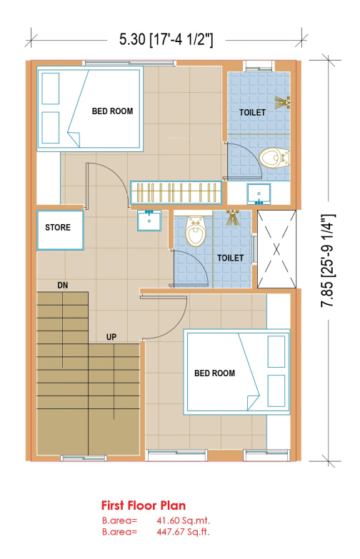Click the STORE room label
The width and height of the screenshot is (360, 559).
point(57,228)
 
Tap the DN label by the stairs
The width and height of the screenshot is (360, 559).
point(62,285)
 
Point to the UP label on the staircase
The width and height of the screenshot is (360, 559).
point(111,337)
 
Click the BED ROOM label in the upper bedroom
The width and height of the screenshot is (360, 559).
point(112,111)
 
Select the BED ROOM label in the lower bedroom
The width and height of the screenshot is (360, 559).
point(214,373)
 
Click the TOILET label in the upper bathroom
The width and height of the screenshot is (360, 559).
point(252,113)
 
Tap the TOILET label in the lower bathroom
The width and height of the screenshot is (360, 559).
point(230,258)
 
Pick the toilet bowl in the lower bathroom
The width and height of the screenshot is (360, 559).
point(196,232)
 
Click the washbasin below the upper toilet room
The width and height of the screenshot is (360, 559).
point(259,194)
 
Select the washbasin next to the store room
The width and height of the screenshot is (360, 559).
point(149,221)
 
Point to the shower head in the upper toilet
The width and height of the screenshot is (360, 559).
point(282,102)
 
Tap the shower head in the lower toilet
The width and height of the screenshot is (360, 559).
point(232,218)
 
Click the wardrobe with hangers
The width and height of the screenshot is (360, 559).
point(176,193)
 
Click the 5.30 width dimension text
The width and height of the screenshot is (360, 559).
point(166,39)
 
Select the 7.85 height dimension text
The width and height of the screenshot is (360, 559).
point(328,261)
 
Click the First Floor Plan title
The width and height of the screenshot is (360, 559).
point(144,505)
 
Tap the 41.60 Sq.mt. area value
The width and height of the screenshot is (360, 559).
point(183,520)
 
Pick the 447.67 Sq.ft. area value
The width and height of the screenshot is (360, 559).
point(183,532)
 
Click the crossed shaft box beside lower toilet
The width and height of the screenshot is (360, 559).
point(276,249)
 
